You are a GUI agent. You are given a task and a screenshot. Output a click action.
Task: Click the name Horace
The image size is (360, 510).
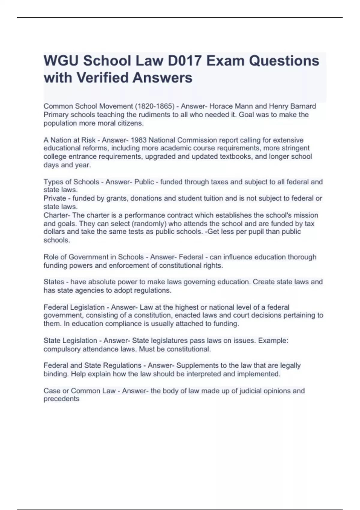(220, 106)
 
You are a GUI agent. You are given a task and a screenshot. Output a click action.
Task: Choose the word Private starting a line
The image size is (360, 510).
(55, 198)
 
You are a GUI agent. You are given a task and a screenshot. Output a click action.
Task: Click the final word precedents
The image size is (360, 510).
(61, 399)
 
